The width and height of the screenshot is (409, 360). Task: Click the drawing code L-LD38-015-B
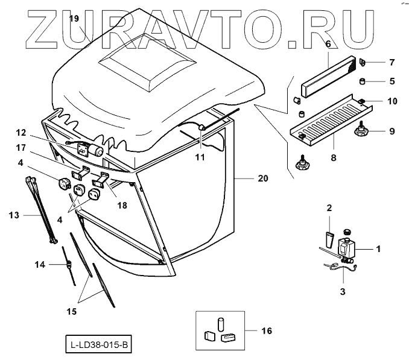(x=98, y=346)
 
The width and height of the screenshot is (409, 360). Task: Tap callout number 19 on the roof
(x=74, y=18)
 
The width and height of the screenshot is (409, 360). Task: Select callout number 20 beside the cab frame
(x=261, y=178)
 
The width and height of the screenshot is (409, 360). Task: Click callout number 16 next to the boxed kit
(x=265, y=331)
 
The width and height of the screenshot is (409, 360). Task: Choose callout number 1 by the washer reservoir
(x=379, y=248)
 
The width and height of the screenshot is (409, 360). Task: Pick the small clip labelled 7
(x=364, y=62)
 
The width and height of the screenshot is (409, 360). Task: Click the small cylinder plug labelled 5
(x=362, y=83)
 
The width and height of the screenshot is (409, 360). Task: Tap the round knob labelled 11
(x=201, y=127)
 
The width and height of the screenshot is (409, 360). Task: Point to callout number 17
(x=37, y=147)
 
